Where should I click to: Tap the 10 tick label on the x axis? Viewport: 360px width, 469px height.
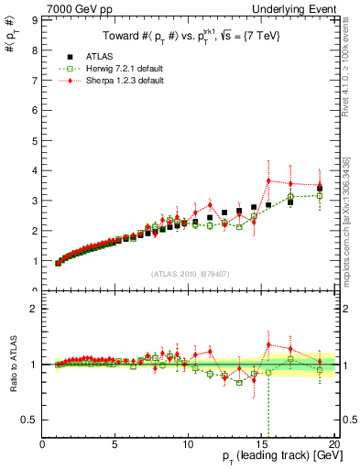(189, 445)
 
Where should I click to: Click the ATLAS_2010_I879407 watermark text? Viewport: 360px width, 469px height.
(189, 273)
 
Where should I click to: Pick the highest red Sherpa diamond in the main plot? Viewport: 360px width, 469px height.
(268, 180)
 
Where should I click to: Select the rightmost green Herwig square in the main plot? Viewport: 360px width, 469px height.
(320, 195)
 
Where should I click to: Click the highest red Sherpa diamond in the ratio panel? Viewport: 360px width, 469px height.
(268, 344)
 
